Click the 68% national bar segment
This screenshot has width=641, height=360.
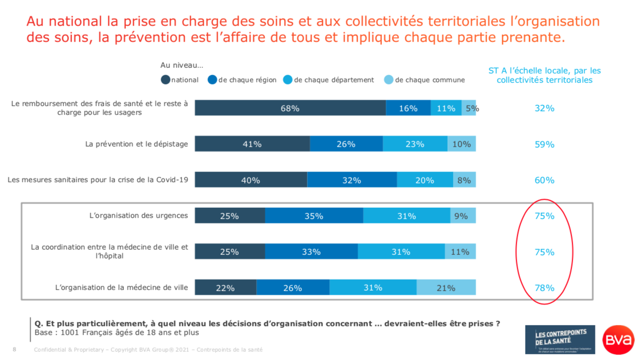tap(290, 108)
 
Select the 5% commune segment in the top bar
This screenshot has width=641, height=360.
tap(469, 108)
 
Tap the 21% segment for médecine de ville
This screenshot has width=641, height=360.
tap(446, 288)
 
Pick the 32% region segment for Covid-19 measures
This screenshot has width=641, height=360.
tap(352, 180)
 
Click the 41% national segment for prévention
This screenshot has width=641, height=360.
tap(252, 145)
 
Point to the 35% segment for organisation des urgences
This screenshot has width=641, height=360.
tap(314, 216)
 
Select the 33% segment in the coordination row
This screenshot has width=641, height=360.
tap(311, 252)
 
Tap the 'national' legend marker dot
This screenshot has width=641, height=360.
tap(166, 80)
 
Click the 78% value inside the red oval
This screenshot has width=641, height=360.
tap(544, 288)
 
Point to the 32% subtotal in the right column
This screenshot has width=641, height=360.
tap(544, 108)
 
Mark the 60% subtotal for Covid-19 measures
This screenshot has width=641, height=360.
tap(544, 180)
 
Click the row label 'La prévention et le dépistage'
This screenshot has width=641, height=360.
tap(136, 144)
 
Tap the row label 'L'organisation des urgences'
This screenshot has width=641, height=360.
tap(138, 215)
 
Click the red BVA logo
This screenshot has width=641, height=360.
tap(618, 340)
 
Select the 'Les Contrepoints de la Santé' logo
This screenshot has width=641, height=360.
tap(560, 340)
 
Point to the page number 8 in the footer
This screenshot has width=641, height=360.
tap(15, 350)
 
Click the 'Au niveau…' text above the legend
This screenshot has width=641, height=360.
tap(181, 65)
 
